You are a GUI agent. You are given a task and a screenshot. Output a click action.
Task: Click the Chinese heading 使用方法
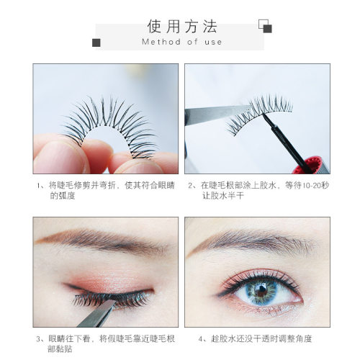pyautogui.click(x=182, y=26)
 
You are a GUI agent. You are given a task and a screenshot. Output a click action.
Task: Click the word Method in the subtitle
pyautogui.click(x=161, y=42)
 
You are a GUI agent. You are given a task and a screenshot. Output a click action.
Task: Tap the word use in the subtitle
pyautogui.click(x=213, y=42)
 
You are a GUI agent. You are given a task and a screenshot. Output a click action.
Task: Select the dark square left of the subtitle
pyautogui.click(x=96, y=42)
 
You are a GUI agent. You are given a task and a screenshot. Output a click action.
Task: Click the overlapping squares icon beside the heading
pyautogui.click(x=265, y=26)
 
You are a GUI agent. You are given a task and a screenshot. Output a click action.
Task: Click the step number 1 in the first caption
pyautogui.click(x=39, y=186)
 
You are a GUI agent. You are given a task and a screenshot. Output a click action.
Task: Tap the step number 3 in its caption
pyautogui.click(x=39, y=339)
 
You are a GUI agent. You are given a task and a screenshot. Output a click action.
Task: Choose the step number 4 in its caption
pyautogui.click(x=201, y=339)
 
